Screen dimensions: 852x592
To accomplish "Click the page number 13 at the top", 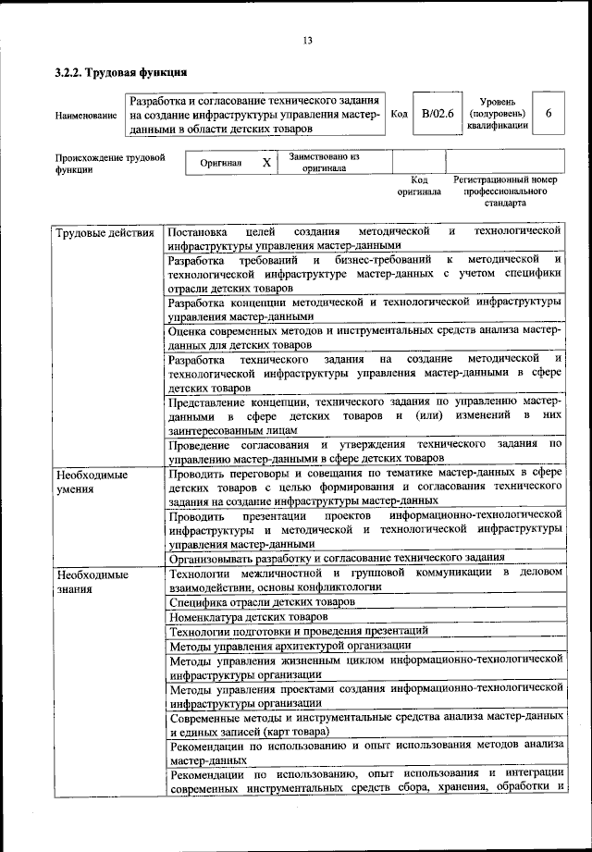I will click(x=307, y=40).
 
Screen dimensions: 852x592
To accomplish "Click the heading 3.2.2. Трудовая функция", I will click(x=121, y=71).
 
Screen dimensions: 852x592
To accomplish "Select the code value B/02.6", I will click(x=432, y=114).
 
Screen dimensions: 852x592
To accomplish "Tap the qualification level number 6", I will click(x=549, y=114).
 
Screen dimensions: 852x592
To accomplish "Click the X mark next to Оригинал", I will click(x=265, y=162).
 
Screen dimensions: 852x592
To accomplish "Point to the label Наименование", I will click(x=86, y=116).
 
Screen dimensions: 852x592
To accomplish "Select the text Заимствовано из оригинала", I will click(x=323, y=163).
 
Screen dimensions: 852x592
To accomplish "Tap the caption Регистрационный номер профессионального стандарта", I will click(x=504, y=191).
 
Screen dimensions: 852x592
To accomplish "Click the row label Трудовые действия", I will click(x=105, y=231).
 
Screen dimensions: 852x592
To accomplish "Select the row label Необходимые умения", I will click(x=92, y=482).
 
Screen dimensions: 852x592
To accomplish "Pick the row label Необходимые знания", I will click(x=92, y=581).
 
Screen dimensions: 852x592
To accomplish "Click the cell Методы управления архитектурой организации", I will click(x=290, y=645).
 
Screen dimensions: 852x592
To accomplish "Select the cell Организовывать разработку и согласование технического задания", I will click(x=337, y=558).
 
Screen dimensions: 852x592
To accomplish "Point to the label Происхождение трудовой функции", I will click(x=109, y=164).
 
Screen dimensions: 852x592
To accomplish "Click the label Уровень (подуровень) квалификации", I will click(x=498, y=114).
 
